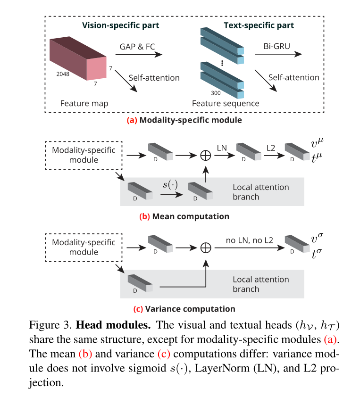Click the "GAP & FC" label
coord(138,47)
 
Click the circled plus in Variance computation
coord(206,247)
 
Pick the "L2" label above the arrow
coord(270,148)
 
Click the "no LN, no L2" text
coord(250,240)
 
